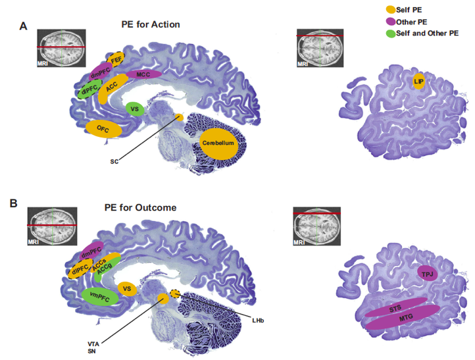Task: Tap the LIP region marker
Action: [418, 81]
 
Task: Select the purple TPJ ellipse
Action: [428, 272]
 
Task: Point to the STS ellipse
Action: [395, 309]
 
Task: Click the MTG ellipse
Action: [402, 318]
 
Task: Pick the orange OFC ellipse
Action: [103, 128]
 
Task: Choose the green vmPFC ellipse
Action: [101, 296]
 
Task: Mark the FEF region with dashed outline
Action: [116, 60]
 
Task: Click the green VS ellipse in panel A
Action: [134, 109]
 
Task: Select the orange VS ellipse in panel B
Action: [128, 288]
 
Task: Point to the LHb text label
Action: [257, 321]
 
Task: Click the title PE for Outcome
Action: [140, 207]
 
